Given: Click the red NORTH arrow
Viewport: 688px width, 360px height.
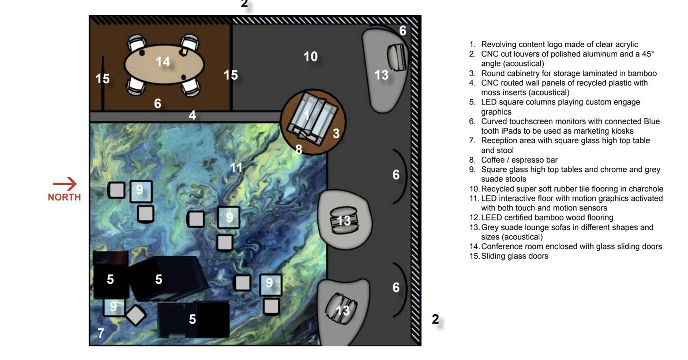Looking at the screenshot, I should pos(65,184).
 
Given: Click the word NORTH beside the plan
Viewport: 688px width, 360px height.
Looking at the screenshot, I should pos(65,197).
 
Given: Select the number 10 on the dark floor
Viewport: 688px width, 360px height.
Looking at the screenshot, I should pos(311,57).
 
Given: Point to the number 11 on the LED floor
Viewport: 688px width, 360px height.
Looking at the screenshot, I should pos(236,168).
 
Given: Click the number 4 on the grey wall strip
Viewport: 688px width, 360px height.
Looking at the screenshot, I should pos(192,115).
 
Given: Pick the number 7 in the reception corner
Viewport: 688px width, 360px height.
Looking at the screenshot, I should pos(101,333).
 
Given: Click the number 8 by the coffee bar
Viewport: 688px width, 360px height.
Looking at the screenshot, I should pos(299,149).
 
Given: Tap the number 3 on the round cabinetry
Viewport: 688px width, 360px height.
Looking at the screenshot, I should pos(336,133).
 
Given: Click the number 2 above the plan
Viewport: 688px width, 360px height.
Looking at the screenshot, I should pos(244,4).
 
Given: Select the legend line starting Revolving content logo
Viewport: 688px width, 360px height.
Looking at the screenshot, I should pos(559,45).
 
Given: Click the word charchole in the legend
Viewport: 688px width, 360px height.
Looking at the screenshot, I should pos(647,189).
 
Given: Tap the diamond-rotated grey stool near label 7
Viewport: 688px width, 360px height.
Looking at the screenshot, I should pos(135,315).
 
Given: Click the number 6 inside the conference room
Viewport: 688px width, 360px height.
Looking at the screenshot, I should pos(157,104).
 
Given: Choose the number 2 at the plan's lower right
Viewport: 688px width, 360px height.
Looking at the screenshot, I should pos(435,320).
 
